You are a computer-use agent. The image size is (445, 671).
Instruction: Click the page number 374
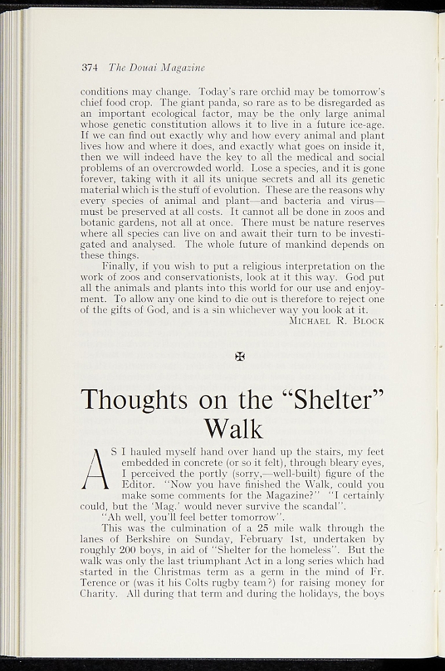click(x=89, y=67)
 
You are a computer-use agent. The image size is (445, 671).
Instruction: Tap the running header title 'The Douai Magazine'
click(x=156, y=67)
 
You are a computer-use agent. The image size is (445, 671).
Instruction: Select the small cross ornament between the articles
click(x=240, y=356)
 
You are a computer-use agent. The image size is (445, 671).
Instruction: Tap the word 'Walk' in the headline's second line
click(x=233, y=429)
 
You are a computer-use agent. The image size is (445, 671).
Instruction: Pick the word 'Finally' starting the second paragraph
click(x=119, y=267)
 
